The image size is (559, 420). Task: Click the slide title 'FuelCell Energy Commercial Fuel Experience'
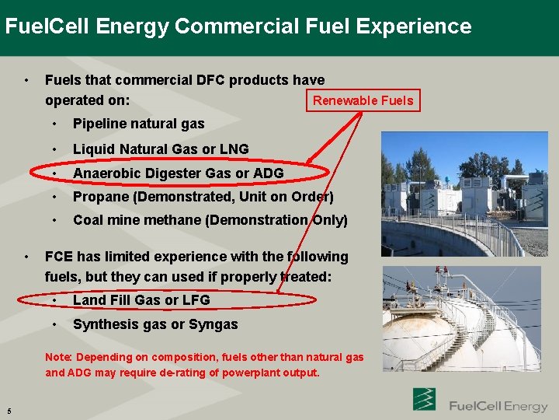point(238,26)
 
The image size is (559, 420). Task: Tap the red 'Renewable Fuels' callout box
point(363,100)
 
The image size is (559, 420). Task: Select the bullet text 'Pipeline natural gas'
point(138,124)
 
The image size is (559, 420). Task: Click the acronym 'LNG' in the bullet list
point(234,149)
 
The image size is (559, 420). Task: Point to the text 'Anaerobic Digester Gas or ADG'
point(178,173)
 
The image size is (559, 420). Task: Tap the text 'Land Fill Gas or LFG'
point(141,299)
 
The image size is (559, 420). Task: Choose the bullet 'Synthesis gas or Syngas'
point(155,324)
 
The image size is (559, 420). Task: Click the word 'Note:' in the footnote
point(58,357)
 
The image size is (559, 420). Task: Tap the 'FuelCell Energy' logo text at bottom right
point(498,406)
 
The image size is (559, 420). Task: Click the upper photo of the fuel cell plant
point(464,194)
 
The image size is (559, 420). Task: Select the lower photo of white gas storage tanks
point(461,319)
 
